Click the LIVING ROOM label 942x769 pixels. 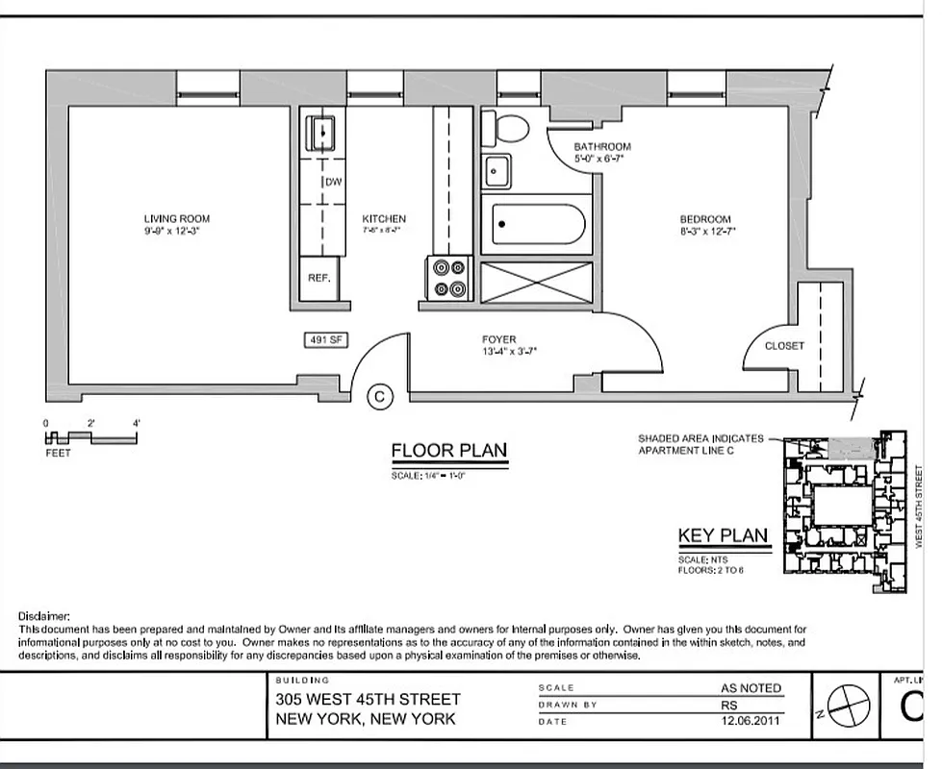point(176,218)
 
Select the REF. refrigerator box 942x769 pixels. point(319,278)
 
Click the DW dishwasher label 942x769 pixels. point(333,182)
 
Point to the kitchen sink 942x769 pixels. point(324,131)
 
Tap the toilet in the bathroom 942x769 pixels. point(507,127)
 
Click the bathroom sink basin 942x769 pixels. point(497,171)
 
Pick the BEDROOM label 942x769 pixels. point(705,219)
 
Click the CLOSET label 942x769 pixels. point(784,346)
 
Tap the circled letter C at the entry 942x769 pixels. point(380,395)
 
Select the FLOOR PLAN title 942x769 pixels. point(448,451)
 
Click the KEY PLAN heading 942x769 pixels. point(723,536)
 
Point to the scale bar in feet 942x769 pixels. point(90,435)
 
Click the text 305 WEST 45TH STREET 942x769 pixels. point(368,699)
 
